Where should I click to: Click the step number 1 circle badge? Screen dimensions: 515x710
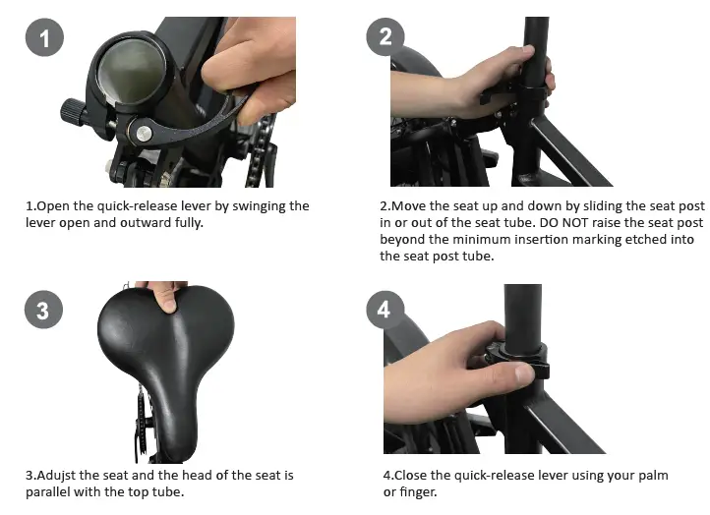point(44,38)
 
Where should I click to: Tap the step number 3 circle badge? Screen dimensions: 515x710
point(42,311)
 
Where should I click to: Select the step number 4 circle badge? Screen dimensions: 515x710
point(384,311)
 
